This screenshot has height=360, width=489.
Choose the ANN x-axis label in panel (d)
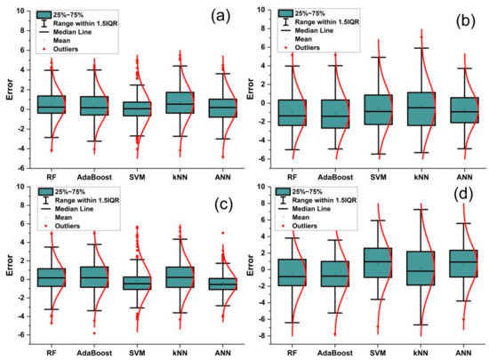(x=461, y=349)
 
